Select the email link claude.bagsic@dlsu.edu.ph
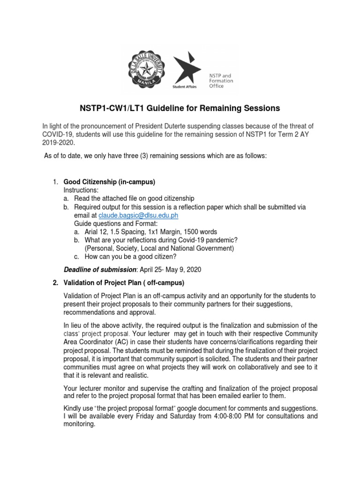click(138, 215)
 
